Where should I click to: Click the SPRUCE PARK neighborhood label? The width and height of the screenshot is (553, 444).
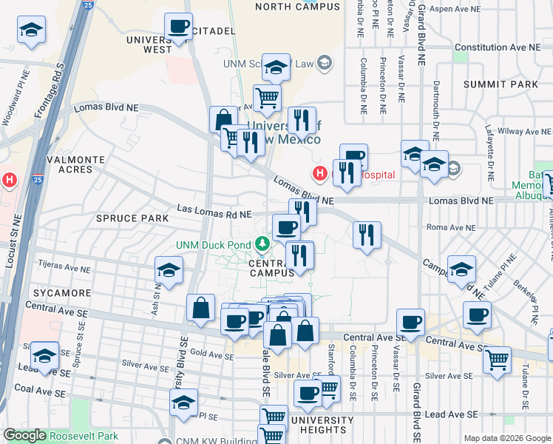click(128, 219)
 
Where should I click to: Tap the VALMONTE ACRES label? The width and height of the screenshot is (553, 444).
click(69, 164)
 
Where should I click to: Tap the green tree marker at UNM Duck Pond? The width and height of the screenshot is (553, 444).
click(262, 243)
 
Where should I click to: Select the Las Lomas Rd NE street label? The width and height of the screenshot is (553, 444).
click(214, 214)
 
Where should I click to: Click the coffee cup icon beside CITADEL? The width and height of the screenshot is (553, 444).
click(178, 27)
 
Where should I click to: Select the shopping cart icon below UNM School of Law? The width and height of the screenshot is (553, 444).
click(267, 97)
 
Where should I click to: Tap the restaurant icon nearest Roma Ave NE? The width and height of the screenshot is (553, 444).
click(367, 236)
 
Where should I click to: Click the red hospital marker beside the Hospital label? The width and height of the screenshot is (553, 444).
click(320, 174)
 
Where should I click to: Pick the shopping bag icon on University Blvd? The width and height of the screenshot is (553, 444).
click(200, 308)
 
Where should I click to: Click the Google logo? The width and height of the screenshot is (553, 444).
click(24, 436)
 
